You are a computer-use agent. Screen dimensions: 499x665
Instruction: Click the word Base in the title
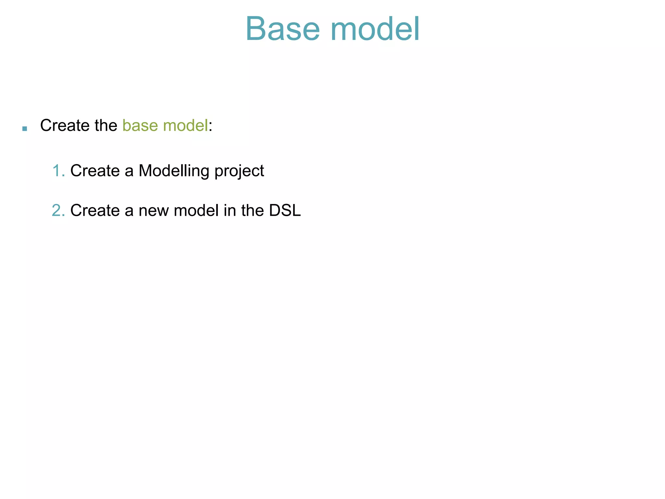tap(282, 29)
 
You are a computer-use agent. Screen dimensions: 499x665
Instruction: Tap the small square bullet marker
tap(24, 129)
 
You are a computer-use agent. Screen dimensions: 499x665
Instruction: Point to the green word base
tap(140, 125)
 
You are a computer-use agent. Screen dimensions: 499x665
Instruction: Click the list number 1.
tap(57, 171)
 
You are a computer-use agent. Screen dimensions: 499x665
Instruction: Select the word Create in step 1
tap(95, 171)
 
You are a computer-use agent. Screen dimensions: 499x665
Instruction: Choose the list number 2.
tap(57, 211)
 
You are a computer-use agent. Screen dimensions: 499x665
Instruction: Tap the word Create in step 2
tap(95, 211)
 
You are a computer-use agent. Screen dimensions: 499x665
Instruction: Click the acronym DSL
tap(285, 211)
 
